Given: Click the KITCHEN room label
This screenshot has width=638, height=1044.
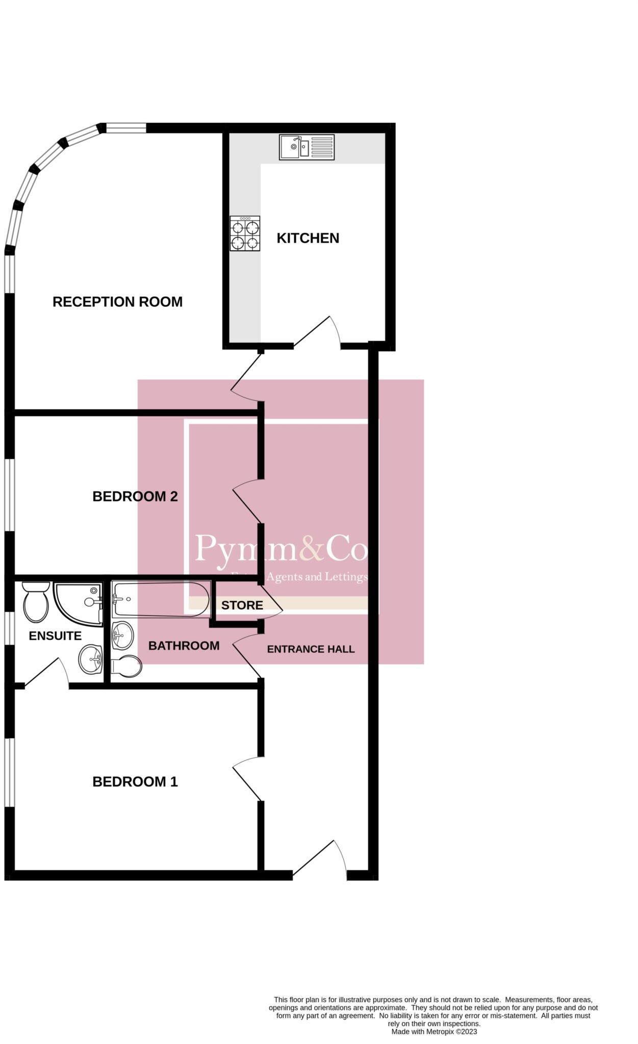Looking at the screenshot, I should (308, 238).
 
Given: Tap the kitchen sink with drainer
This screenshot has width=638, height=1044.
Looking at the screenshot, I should (307, 147).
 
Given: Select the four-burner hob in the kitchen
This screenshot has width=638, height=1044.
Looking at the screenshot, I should (245, 233).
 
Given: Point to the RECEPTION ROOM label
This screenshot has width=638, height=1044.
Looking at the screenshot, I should (117, 302).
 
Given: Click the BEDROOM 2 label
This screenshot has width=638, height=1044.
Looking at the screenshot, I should (135, 496).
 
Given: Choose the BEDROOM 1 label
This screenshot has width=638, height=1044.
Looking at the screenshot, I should (135, 781).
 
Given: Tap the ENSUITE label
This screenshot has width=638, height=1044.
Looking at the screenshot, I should (55, 636).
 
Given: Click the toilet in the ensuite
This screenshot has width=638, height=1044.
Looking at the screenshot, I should (36, 602).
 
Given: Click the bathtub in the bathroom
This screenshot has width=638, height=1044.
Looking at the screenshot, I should (160, 599).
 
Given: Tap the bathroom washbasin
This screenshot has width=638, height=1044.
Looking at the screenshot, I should (122, 636).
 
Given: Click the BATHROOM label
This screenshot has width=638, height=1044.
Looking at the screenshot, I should (184, 646).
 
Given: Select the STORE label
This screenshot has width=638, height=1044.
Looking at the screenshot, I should (242, 605).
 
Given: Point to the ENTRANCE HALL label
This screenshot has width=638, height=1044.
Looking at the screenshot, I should (311, 649).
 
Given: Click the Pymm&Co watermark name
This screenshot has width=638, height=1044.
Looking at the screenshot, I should (281, 548).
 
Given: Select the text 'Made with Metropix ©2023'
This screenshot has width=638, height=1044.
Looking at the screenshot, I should (434, 1031).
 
